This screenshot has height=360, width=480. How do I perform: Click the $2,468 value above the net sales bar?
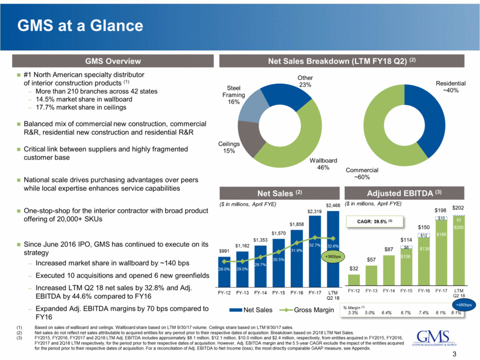(333, 205)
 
